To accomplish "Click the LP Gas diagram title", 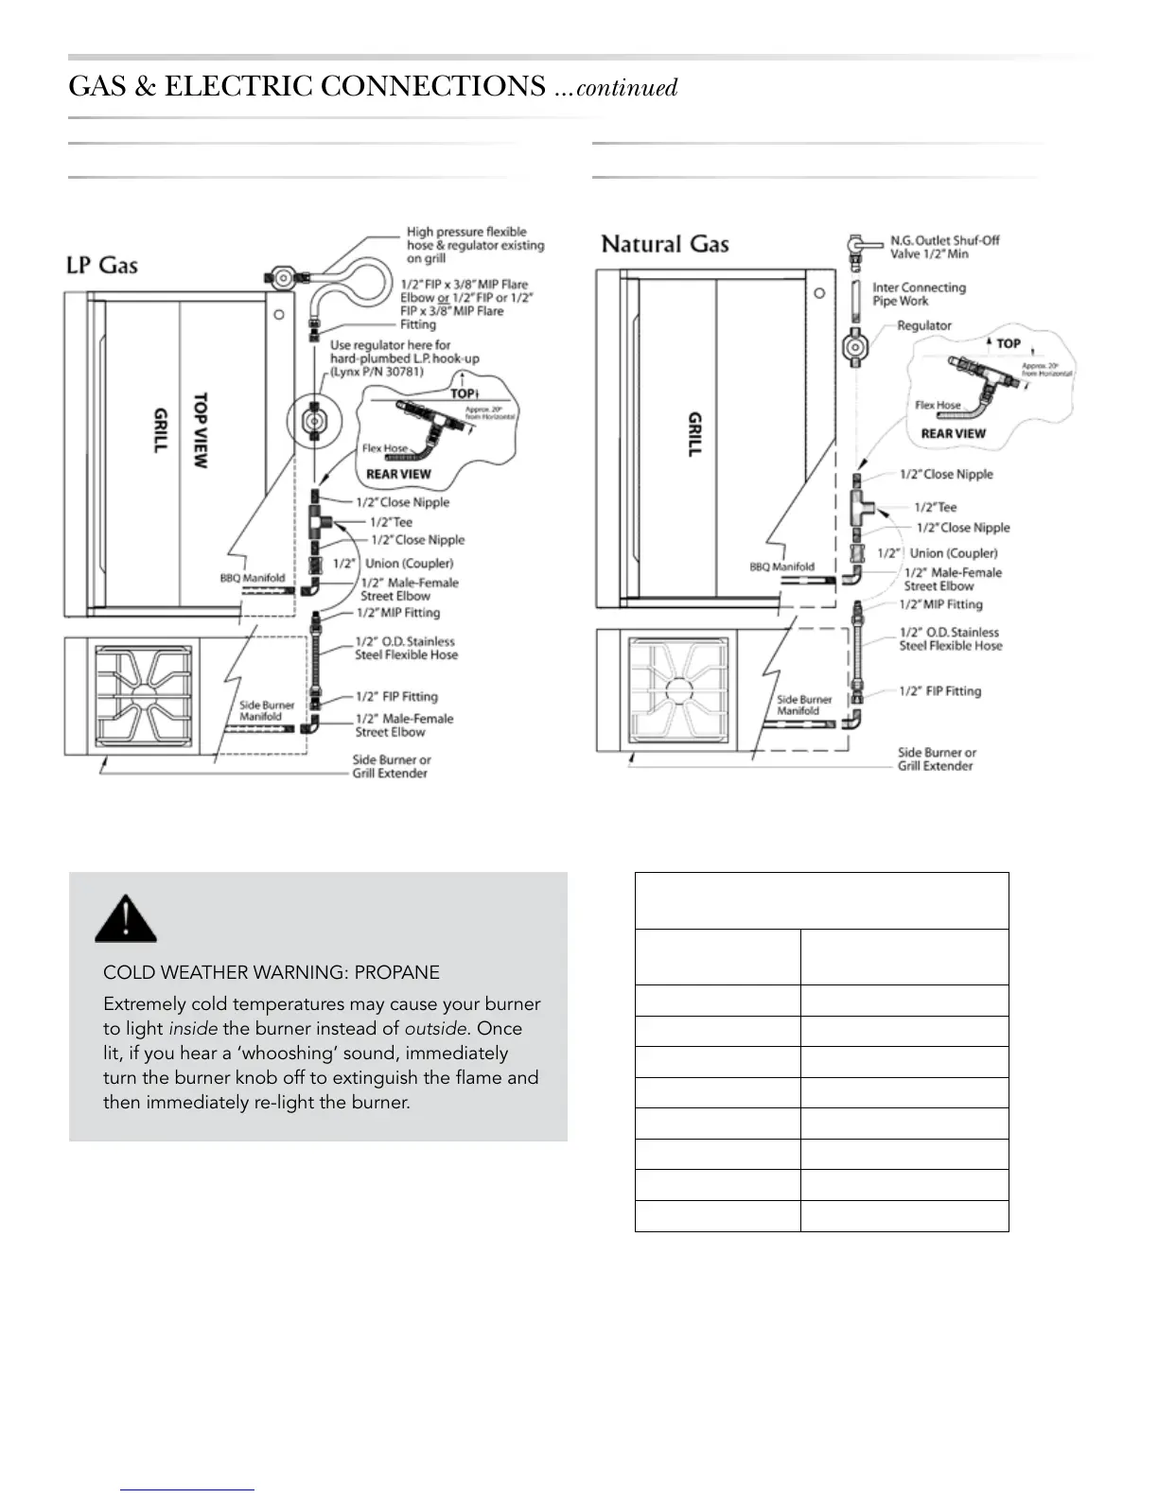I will pos(102,265).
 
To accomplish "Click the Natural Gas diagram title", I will pos(665,244).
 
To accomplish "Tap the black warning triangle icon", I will pos(125,917).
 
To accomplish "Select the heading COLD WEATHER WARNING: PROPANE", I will pos(271,972).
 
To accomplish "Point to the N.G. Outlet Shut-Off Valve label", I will pos(943,247).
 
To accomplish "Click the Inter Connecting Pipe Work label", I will pos(918,294).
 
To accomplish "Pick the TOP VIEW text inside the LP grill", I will pos(201,430).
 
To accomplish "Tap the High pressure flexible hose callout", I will pos(475,245).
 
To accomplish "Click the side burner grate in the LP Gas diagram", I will pos(143,696).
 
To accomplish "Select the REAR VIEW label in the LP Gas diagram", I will pos(398,474).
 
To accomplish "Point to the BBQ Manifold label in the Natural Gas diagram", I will pos(781,566).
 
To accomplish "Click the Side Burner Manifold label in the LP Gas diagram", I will pos(267,711).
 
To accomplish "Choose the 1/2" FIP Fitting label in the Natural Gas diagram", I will pos(939,691).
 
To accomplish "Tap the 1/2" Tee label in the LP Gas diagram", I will pos(391,521).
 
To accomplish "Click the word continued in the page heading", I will pos(626,88).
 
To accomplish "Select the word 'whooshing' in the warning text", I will pos(269,1054).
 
